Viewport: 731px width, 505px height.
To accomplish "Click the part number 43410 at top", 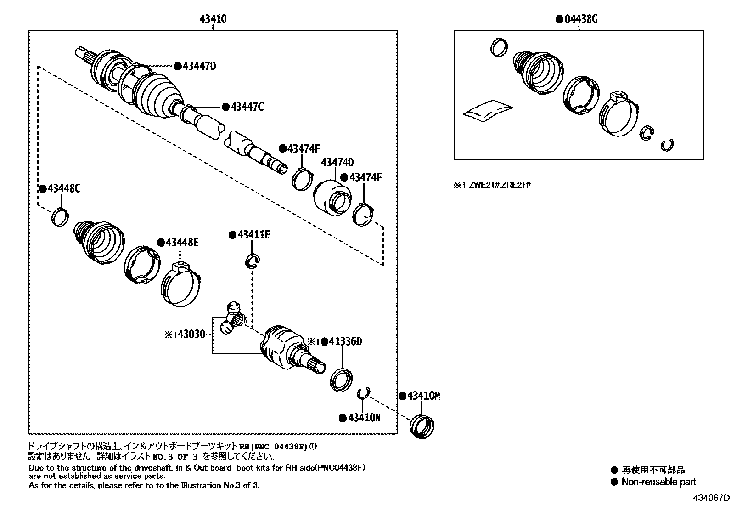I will [213, 19].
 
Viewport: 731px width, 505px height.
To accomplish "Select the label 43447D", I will [199, 66].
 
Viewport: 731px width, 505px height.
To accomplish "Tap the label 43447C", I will [247, 107].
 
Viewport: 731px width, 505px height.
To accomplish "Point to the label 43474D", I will [337, 162].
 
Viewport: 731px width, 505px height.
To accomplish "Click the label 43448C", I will [63, 189].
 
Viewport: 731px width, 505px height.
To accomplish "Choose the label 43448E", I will [182, 243].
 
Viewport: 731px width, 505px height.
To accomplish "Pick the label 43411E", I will [253, 235].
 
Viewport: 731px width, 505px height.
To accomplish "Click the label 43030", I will [191, 335].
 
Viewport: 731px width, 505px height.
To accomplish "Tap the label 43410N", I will [364, 418].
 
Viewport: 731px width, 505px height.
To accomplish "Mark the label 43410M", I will [423, 396].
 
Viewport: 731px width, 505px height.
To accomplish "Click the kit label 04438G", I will [580, 19].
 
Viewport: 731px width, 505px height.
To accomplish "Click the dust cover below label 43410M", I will [422, 427].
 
